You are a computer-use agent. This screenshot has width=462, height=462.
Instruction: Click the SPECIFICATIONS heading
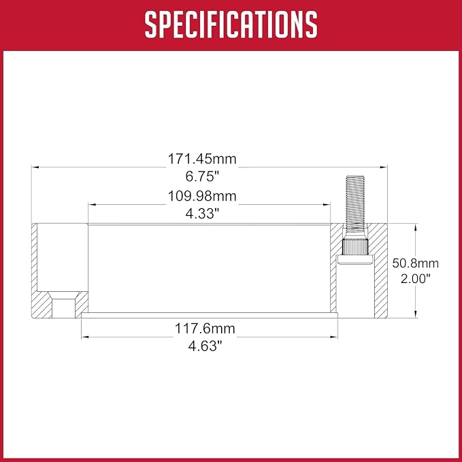pyautogui.click(x=231, y=24)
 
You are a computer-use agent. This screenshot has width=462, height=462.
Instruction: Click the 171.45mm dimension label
pyautogui.click(x=202, y=159)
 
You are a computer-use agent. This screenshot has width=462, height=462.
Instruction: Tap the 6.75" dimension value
pyautogui.click(x=202, y=176)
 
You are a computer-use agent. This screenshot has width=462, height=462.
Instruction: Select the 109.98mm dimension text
pyautogui.click(x=202, y=196)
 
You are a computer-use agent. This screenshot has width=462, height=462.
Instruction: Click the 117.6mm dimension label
pyautogui.click(x=205, y=329)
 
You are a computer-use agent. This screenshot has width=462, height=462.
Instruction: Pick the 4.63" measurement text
pyautogui.click(x=205, y=346)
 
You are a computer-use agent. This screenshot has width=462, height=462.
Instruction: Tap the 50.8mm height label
pyautogui.click(x=416, y=263)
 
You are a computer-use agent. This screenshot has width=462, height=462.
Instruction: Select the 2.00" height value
pyautogui.click(x=416, y=278)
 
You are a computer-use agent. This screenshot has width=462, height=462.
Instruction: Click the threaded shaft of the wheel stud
pyautogui.click(x=355, y=203)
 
